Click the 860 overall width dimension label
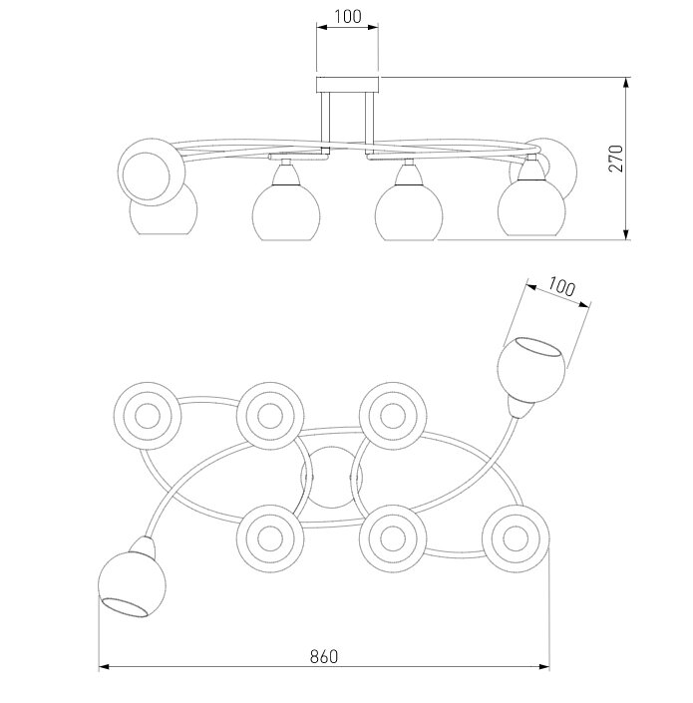[x=324, y=656]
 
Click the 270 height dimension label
[x=616, y=159]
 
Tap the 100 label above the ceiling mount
[x=347, y=17]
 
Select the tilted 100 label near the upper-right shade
[x=561, y=287]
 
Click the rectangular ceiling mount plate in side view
[x=348, y=85]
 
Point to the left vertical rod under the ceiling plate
[x=325, y=120]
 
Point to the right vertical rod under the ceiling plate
[x=369, y=120]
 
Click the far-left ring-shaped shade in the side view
[x=151, y=172]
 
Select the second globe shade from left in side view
[x=285, y=209]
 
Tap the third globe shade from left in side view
[x=409, y=209]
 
